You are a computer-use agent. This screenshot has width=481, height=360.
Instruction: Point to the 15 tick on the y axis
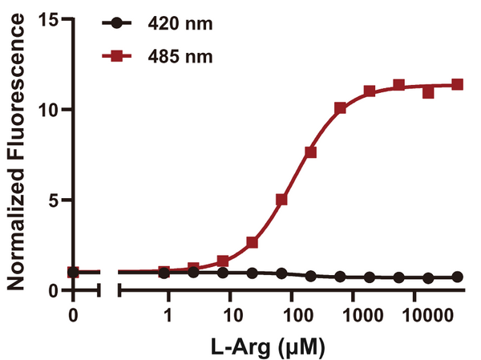[53, 19]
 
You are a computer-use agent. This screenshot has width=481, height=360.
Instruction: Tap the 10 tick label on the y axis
[53, 109]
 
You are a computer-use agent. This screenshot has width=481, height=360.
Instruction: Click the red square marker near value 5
[281, 200]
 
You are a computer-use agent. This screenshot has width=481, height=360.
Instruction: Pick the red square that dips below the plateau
[428, 92]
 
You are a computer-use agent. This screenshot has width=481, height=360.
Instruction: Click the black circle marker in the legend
[119, 24]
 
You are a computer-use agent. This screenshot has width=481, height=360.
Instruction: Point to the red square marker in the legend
[119, 56]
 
